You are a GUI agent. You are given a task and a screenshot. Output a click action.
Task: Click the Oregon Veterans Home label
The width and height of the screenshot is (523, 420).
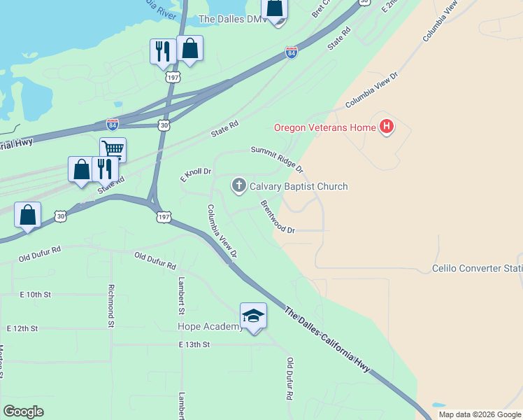324,127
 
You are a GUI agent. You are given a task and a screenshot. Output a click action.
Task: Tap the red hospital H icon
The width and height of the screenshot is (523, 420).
387,127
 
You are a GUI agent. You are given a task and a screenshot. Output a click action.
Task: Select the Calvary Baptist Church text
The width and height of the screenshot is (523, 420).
299,186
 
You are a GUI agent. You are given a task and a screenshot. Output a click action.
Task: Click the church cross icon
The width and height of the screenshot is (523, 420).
239,185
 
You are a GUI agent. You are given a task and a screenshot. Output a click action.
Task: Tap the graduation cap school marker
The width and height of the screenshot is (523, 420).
253,316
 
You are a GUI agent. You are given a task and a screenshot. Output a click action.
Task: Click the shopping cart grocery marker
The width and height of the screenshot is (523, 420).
113,149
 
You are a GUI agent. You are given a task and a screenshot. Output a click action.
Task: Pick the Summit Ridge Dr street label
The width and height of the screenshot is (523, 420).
278,159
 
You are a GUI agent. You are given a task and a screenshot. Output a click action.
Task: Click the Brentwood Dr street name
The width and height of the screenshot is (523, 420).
278,217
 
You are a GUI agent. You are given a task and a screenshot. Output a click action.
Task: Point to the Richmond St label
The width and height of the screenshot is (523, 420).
111,306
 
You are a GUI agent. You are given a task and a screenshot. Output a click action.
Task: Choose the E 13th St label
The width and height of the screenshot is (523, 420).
194,345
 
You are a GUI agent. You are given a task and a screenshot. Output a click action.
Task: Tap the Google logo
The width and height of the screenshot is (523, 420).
23,412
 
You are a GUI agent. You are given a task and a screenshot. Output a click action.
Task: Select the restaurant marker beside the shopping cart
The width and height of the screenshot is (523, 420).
104,169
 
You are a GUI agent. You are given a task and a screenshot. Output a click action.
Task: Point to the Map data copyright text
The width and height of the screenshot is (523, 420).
480,414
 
